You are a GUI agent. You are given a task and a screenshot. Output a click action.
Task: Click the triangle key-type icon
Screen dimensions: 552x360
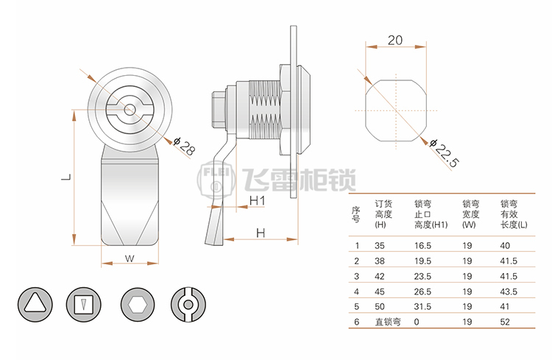[x=35, y=304]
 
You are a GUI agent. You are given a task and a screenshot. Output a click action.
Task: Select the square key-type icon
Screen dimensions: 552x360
[x=83, y=304]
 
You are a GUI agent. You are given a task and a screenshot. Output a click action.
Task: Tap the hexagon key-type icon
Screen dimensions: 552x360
[x=138, y=304]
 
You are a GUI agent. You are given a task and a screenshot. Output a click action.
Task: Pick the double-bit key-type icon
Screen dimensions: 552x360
[x=188, y=304]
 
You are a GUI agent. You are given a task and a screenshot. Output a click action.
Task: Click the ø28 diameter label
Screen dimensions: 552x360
[x=184, y=146]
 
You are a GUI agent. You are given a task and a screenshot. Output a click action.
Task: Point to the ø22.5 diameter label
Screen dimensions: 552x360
[x=445, y=153]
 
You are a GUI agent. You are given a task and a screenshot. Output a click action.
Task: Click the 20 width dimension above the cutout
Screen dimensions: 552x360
[x=395, y=40]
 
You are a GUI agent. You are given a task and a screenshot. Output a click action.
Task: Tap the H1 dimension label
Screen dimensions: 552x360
[x=257, y=201]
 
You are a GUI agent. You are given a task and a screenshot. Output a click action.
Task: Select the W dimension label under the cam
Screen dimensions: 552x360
[x=130, y=258]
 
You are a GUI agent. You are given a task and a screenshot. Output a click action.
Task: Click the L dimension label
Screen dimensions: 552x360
[x=66, y=177]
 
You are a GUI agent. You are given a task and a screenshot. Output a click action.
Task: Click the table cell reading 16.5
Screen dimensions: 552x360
[x=422, y=245]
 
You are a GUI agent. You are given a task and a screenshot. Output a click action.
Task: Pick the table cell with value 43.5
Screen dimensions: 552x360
[x=509, y=292]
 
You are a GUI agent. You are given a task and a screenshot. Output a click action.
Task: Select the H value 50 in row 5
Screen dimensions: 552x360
[x=380, y=307]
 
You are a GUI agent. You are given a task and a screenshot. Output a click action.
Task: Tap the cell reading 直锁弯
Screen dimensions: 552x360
[x=388, y=322]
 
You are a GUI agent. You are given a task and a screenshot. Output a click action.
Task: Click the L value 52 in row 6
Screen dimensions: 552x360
[x=505, y=322]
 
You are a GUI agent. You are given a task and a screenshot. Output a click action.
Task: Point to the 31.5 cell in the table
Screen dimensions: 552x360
[x=422, y=307]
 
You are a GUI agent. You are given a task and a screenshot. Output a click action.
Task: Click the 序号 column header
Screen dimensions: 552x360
[x=356, y=214]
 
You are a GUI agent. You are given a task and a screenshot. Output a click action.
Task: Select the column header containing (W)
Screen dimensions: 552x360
[x=471, y=214]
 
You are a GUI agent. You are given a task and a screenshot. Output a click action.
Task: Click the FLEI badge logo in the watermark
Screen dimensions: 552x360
[x=216, y=180]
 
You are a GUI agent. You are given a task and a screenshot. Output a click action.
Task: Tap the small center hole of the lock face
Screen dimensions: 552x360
[x=130, y=110]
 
